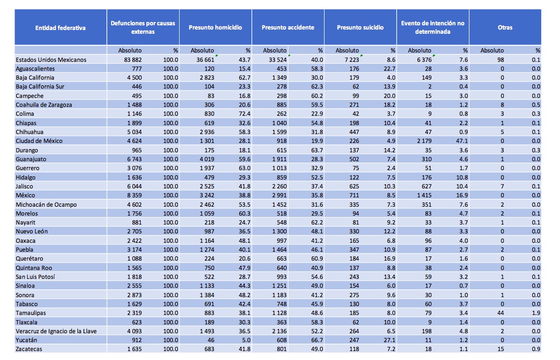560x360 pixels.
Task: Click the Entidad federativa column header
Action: click(x=61, y=28)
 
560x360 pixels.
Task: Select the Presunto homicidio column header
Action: click(x=215, y=28)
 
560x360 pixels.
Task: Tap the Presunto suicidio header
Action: click(x=360, y=28)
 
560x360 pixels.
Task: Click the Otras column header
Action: click(x=505, y=28)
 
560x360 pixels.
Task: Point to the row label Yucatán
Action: click(x=27, y=340)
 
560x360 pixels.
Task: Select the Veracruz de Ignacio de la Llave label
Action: click(x=56, y=331)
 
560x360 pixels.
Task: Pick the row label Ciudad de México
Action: click(x=39, y=141)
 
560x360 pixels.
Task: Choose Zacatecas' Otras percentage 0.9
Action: click(x=537, y=349)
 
